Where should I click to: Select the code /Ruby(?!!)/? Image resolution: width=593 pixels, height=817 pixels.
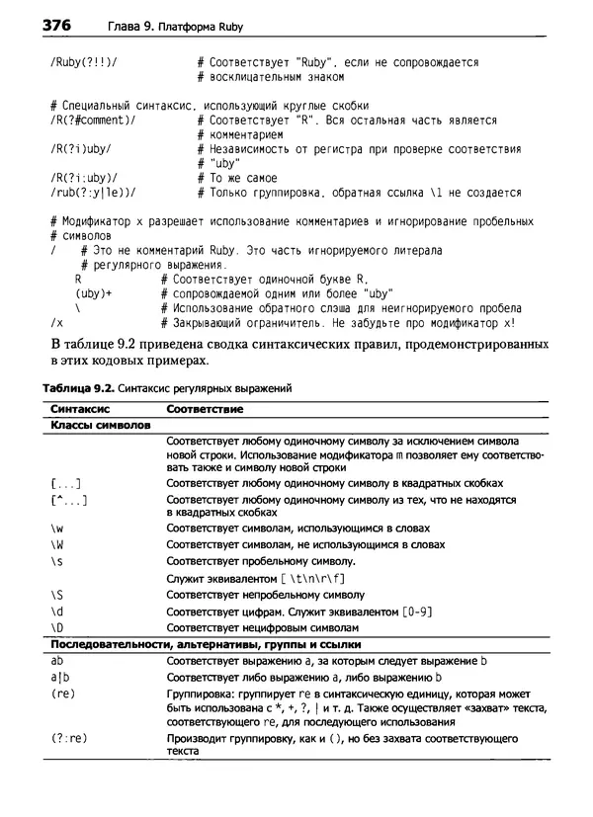(82, 62)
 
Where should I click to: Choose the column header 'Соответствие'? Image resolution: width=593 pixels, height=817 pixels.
(205, 407)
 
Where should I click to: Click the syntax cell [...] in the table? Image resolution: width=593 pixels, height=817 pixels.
(65, 483)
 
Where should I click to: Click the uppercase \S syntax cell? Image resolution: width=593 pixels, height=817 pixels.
(56, 595)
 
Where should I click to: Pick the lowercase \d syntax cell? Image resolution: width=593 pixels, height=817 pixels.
(56, 611)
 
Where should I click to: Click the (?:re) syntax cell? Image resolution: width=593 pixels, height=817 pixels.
(68, 738)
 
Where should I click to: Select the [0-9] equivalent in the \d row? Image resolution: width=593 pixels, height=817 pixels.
(415, 611)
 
